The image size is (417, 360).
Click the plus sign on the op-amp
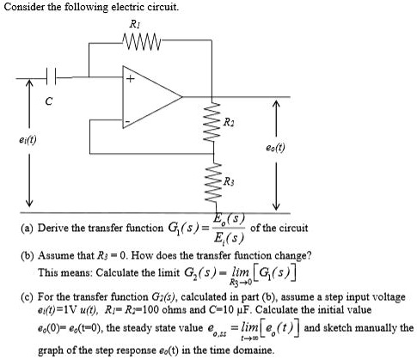pyautogui.click(x=132, y=82)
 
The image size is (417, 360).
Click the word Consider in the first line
pyautogui.click(x=25, y=7)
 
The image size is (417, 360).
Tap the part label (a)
pyautogui.click(x=15, y=228)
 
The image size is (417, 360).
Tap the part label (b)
pyautogui.click(x=15, y=256)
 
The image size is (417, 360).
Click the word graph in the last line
pyautogui.click(x=51, y=351)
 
